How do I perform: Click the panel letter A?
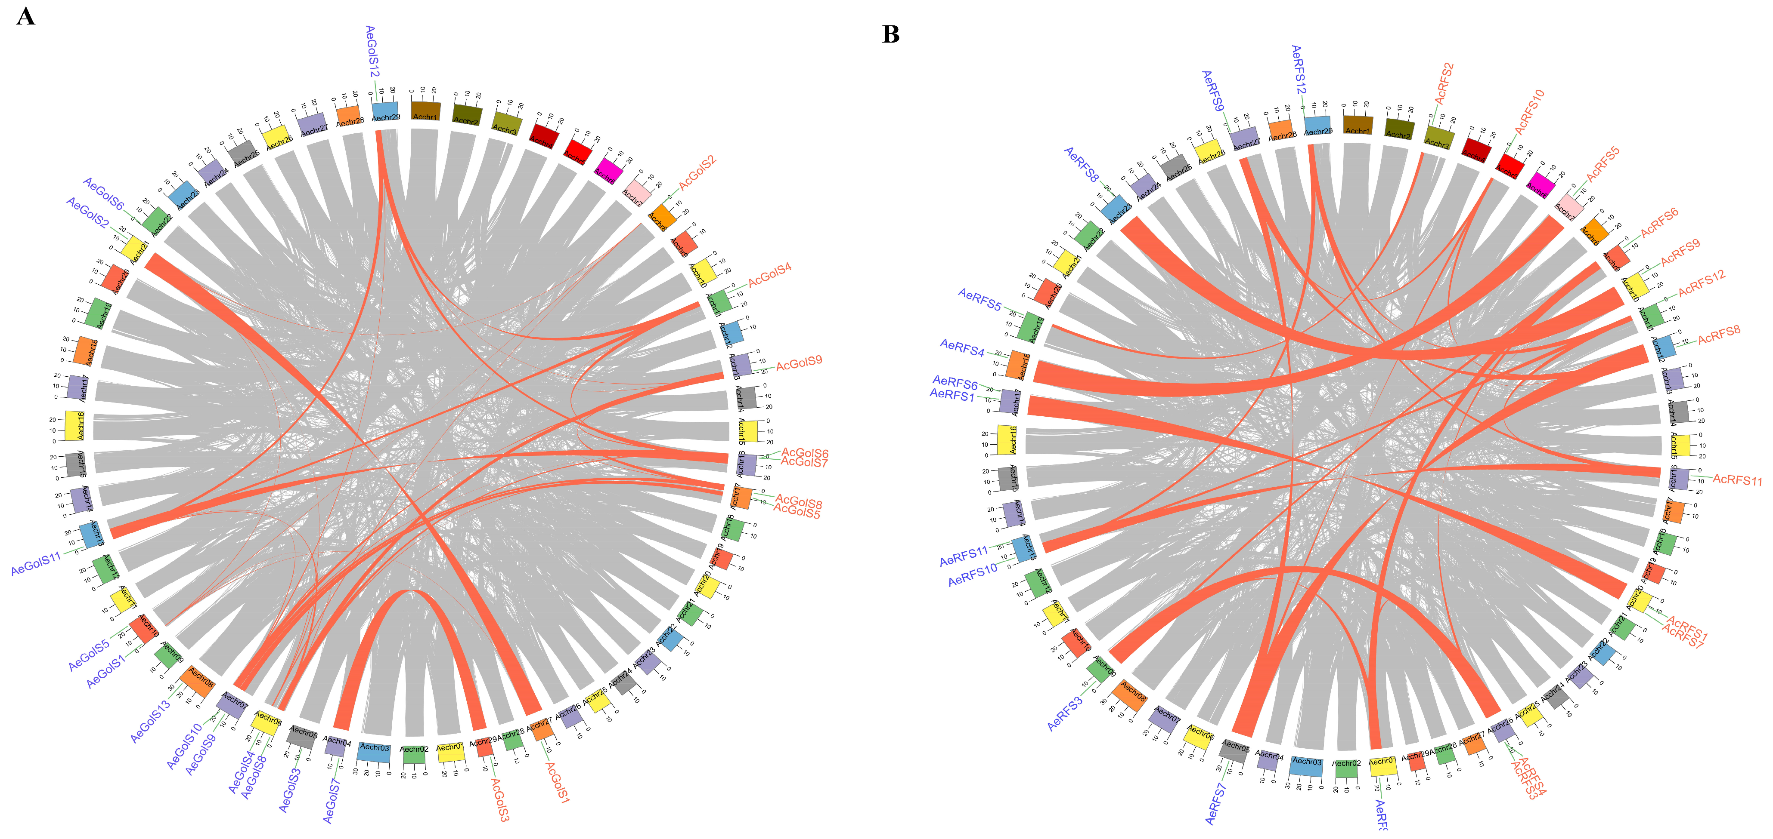pyautogui.click(x=25, y=16)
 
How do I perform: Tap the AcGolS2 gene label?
pyautogui.click(x=697, y=172)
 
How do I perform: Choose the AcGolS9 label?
pyautogui.click(x=799, y=363)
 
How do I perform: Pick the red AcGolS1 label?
pyautogui.click(x=558, y=783)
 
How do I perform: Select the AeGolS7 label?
pyautogui.click(x=332, y=800)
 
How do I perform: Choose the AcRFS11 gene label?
pyautogui.click(x=1736, y=479)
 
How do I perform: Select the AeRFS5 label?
pyautogui.click(x=979, y=299)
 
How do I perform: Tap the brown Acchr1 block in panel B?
pyautogui.click(x=1357, y=124)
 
